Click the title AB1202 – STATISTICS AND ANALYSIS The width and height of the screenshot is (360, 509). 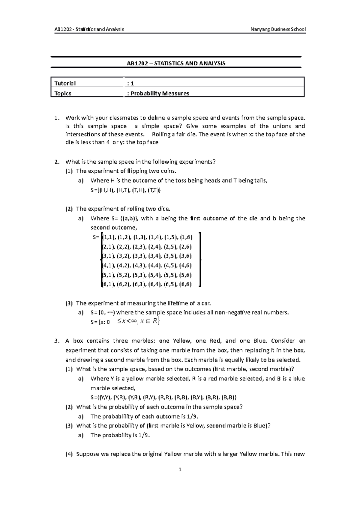pyautogui.click(x=176, y=63)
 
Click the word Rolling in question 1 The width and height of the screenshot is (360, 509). pyautogui.click(x=161, y=134)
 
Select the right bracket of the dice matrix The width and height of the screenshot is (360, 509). pyautogui.click(x=199, y=259)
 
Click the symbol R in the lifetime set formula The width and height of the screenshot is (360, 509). pyautogui.click(x=154, y=322)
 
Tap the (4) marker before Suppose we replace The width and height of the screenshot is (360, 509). pyautogui.click(x=69, y=454)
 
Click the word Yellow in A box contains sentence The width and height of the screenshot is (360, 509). pyautogui.click(x=182, y=341)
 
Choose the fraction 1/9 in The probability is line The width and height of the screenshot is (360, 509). pyautogui.click(x=144, y=435)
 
